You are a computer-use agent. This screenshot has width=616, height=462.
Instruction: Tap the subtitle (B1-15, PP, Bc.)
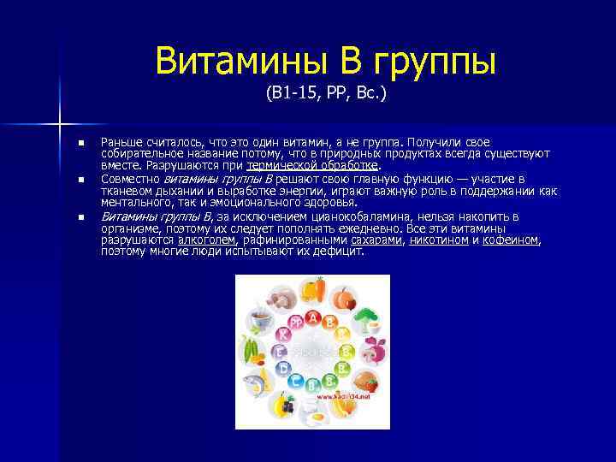pos(326,93)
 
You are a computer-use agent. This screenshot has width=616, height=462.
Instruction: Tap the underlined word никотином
pos(439,240)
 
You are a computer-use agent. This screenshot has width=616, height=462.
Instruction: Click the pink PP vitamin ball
pos(296,323)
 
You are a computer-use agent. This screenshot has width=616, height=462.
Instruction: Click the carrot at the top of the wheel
pos(318,292)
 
